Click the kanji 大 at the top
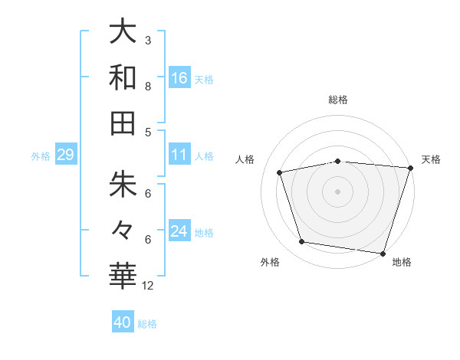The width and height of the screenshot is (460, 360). pyautogui.click(x=123, y=32)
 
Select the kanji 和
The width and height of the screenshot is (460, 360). pyautogui.click(x=123, y=77)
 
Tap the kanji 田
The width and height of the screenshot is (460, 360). pyautogui.click(x=123, y=123)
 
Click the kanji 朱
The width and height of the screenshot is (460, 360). pyautogui.click(x=123, y=185)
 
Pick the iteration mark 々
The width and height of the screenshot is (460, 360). pyautogui.click(x=123, y=229)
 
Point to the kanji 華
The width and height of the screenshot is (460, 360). pyautogui.click(x=123, y=275)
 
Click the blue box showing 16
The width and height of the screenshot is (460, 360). pyautogui.click(x=179, y=77)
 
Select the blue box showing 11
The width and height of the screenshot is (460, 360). pyautogui.click(x=179, y=155)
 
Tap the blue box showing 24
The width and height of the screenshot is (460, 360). pyautogui.click(x=179, y=231)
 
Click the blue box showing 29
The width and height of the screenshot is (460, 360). pyautogui.click(x=65, y=155)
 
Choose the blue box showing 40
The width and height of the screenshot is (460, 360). pyautogui.click(x=123, y=322)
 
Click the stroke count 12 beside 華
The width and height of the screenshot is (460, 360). pyautogui.click(x=149, y=286)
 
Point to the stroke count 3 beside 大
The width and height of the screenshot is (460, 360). pyautogui.click(x=148, y=41)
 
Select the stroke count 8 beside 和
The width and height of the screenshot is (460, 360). pyautogui.click(x=148, y=86)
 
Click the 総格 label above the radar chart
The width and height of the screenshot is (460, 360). pyautogui.click(x=338, y=100)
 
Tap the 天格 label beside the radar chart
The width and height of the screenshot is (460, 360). pyautogui.click(x=431, y=159)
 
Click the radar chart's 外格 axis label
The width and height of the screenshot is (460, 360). pyautogui.click(x=270, y=262)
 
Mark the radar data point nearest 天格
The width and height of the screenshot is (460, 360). pyautogui.click(x=410, y=168)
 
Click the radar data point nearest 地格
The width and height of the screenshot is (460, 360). pyautogui.click(x=383, y=253)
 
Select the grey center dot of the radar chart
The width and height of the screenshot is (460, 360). pyautogui.click(x=338, y=191)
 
